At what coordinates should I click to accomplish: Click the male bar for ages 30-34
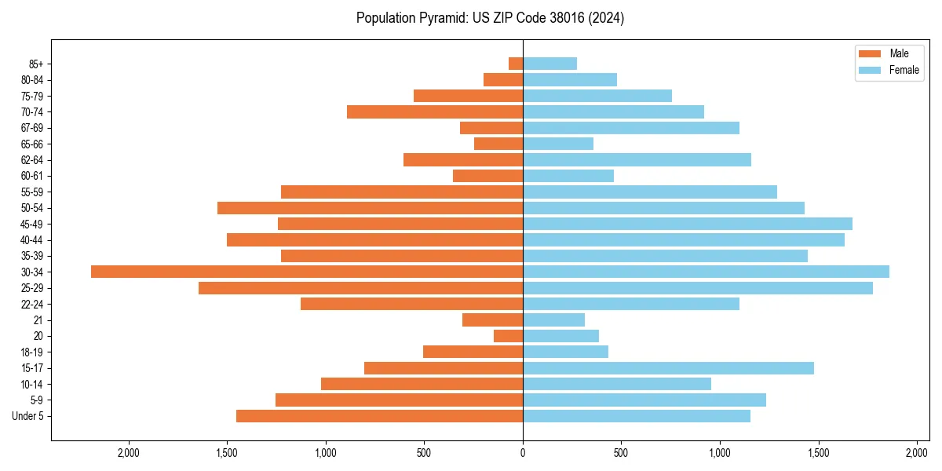coord(307,272)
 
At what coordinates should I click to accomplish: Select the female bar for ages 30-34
coord(706,272)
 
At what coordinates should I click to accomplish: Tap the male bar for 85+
coord(516,64)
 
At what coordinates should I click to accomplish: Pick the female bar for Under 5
coord(637,416)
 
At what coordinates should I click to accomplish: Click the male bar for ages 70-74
coord(435,112)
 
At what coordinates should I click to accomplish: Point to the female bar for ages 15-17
coord(668,368)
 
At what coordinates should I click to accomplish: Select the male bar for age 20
coord(508,336)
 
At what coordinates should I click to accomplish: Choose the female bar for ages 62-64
coord(637,160)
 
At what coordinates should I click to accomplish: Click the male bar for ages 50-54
coord(370,208)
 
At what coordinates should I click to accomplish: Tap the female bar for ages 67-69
coord(631,128)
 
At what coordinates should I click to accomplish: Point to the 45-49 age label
coord(32,225)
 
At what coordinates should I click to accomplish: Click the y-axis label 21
coord(38,320)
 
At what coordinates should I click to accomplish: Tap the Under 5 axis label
coord(28,416)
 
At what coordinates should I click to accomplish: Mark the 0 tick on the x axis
coord(523,453)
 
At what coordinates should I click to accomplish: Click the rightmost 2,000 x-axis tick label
coord(917,453)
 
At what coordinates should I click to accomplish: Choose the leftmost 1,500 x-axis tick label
coord(227,453)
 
